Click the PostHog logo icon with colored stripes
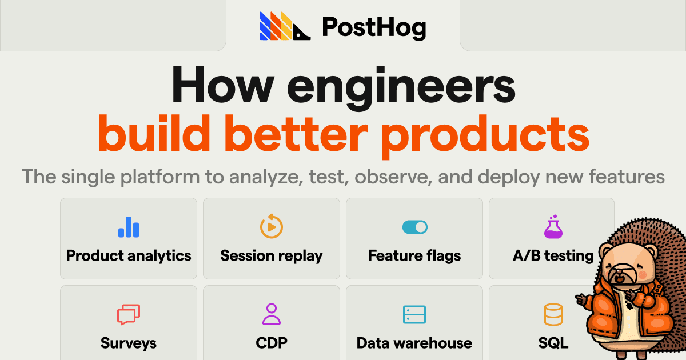tap(285, 26)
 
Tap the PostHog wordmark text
tap(374, 27)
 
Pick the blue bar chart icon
tap(129, 227)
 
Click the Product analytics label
tap(129, 255)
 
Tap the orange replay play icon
tap(272, 226)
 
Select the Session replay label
tap(272, 255)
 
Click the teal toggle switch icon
tap(414, 227)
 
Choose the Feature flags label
tap(414, 255)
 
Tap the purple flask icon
tap(553, 227)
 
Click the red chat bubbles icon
tap(129, 315)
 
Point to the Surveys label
tap(129, 343)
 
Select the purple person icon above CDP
tap(272, 314)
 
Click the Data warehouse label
tap(414, 343)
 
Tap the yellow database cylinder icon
tap(553, 314)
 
